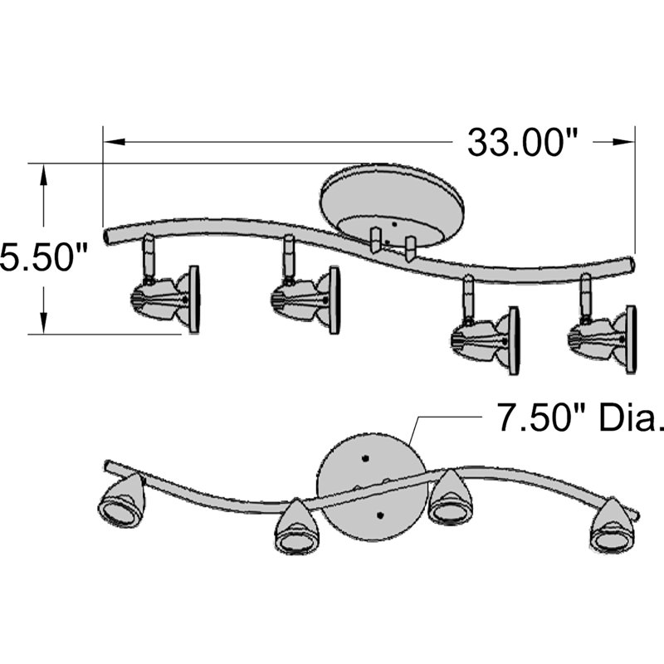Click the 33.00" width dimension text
523,142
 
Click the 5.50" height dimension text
44,256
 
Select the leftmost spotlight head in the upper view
166,298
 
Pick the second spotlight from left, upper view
306,298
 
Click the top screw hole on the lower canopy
365,456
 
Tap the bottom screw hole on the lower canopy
378,516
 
